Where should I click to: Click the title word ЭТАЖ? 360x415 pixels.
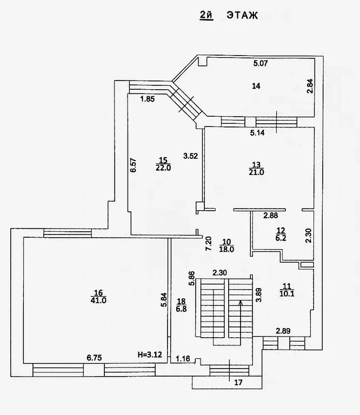pos(242,15)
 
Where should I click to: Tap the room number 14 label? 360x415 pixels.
pos(256,86)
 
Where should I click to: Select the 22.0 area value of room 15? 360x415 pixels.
pos(163,168)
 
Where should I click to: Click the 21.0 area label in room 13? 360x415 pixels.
pos(256,172)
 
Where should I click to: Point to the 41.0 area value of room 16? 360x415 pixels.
pos(98,300)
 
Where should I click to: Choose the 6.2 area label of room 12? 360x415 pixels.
pos(281,238)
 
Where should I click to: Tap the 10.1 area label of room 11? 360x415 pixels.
pos(287,293)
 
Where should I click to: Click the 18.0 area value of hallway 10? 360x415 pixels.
pos(226,249)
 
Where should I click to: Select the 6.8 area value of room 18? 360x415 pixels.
pos(181,309)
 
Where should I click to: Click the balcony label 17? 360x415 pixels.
pos(238,383)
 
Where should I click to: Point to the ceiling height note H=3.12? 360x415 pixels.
pos(150,354)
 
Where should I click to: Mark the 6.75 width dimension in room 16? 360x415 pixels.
pos(94,358)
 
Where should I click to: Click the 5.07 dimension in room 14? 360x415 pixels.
pos(261,63)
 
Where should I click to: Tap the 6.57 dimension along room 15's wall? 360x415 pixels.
pos(134,165)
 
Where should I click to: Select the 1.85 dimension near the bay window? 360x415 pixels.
pos(148,99)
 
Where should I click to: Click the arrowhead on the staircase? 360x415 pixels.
pos(241,303)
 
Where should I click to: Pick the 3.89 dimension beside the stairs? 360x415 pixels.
pos(259,295)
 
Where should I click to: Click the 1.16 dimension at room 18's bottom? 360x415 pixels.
pos(183,359)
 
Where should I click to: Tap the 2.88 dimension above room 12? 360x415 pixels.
pos(270,216)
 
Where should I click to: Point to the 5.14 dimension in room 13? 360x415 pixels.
pos(257,132)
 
